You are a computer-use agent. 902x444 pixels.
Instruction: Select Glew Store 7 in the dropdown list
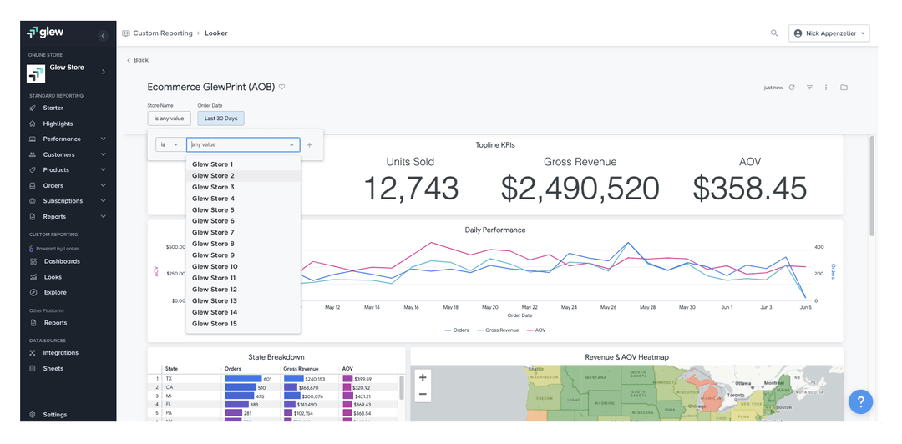point(213,232)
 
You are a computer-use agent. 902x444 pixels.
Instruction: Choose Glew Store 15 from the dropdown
point(215,323)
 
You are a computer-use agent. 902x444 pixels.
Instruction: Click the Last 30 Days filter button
point(220,119)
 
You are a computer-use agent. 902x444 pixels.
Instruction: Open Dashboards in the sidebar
point(62,261)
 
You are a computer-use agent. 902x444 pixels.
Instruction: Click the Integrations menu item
point(61,353)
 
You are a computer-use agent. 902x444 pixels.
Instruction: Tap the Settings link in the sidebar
point(55,415)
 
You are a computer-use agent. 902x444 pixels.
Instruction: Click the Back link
point(138,60)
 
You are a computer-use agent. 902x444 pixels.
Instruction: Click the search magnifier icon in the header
point(774,33)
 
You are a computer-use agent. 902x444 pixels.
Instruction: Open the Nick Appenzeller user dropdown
point(829,33)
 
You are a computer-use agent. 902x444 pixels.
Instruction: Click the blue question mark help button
point(860,401)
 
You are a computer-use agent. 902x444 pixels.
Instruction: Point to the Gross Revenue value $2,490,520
point(580,189)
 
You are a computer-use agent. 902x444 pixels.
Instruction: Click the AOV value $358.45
point(749,189)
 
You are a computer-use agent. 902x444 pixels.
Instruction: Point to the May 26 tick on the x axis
point(608,307)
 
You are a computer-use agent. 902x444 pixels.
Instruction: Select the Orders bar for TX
point(243,379)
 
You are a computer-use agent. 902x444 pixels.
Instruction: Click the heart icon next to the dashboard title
point(282,87)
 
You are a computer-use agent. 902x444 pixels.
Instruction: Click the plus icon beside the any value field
point(309,144)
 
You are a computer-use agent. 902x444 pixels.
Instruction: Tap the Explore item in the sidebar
point(55,292)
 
